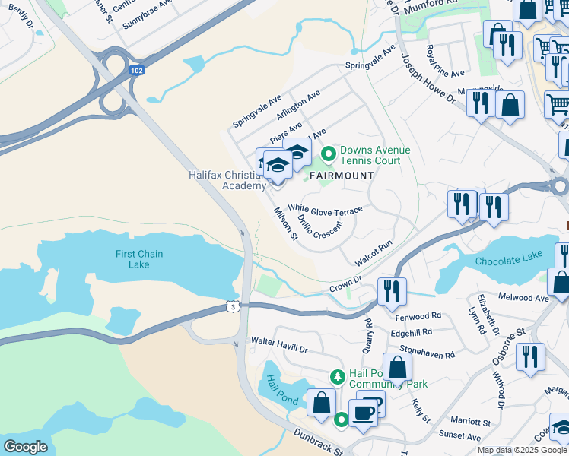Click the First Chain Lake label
click(x=139, y=259)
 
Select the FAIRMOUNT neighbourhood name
click(x=341, y=176)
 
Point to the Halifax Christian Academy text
click(x=227, y=180)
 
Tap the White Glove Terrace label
click(x=325, y=207)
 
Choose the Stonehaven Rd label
click(x=427, y=354)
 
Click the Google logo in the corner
click(x=25, y=446)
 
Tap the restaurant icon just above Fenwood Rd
click(x=392, y=290)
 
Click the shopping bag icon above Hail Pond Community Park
click(x=397, y=366)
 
